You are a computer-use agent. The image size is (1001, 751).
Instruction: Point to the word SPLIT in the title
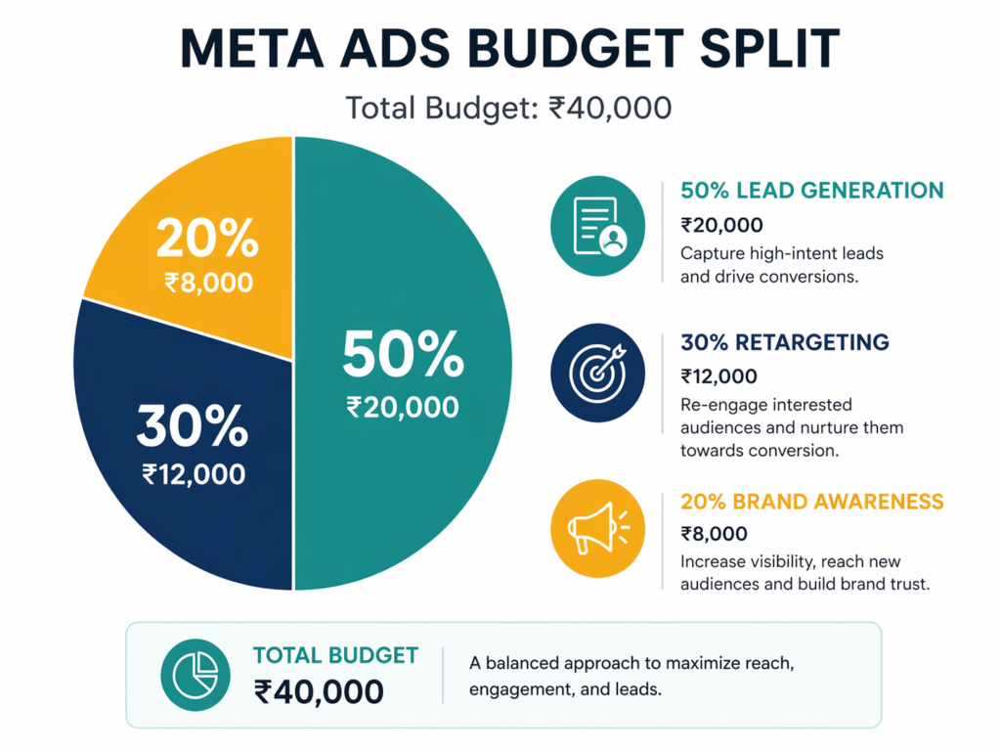tap(769, 48)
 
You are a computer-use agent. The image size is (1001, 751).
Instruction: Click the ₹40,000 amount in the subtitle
tap(610, 108)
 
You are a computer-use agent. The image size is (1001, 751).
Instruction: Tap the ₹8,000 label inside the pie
tap(209, 283)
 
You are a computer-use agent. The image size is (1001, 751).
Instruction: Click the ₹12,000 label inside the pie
tap(194, 474)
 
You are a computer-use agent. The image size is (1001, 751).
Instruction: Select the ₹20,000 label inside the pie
tap(402, 408)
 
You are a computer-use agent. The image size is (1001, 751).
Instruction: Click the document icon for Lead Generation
tap(597, 226)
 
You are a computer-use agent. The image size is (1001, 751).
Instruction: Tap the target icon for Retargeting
tap(597, 373)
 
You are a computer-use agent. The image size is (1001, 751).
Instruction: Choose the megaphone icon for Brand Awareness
tap(597, 529)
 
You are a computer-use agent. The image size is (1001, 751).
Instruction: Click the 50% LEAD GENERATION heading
tap(812, 191)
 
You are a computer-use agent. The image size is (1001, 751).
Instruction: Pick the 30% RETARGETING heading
tap(785, 342)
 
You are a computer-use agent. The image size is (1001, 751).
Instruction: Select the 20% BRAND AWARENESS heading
tap(812, 502)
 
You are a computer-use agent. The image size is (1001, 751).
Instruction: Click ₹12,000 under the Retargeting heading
tap(718, 376)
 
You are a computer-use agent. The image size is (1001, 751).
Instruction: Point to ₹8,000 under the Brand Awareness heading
tap(714, 533)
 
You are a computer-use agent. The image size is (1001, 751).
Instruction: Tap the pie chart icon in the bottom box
tap(196, 675)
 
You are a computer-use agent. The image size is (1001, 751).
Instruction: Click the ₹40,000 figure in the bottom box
tap(319, 691)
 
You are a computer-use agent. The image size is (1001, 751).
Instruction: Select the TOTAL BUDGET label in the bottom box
tap(336, 655)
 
